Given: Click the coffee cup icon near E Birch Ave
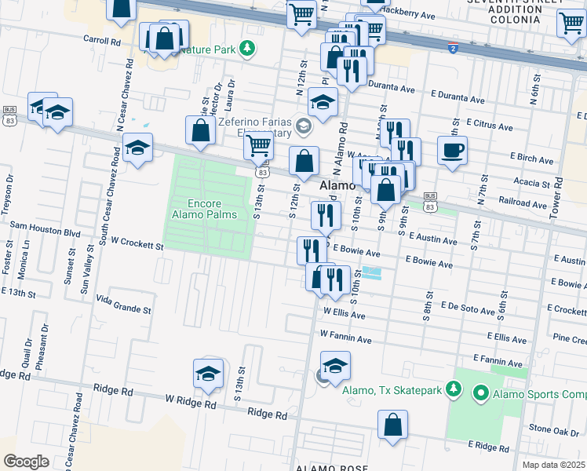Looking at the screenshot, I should pyautogui.click(x=452, y=150).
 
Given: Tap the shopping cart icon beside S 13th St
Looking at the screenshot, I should pyautogui.click(x=258, y=146).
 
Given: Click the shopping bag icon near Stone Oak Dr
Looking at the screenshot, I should pyautogui.click(x=392, y=425).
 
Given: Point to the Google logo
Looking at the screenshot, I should pyautogui.click(x=25, y=461).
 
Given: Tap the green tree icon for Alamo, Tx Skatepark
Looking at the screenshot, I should pyautogui.click(x=453, y=389).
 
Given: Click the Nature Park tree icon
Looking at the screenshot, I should pyautogui.click(x=247, y=49).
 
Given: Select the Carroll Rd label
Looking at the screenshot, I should pyautogui.click(x=105, y=38).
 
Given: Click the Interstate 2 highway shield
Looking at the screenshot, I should pyautogui.click(x=453, y=49).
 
